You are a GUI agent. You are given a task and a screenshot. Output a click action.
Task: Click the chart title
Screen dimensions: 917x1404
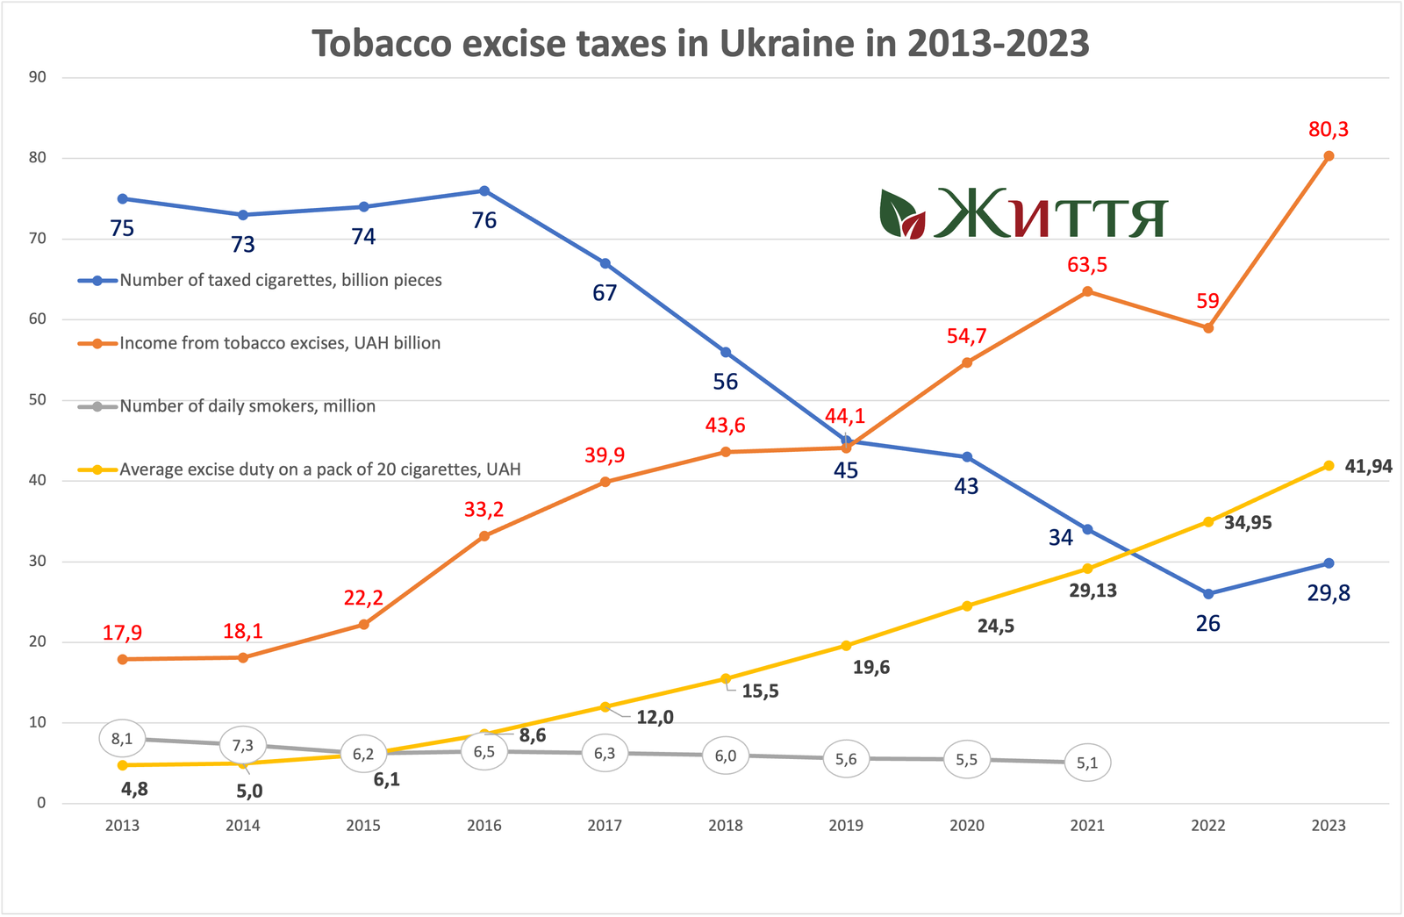click(x=700, y=43)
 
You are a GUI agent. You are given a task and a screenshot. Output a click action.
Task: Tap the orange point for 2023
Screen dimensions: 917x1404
click(x=1329, y=156)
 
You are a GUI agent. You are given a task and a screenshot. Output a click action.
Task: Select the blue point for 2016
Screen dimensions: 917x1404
click(x=484, y=190)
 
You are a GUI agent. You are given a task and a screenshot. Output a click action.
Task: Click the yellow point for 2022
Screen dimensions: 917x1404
click(x=1208, y=521)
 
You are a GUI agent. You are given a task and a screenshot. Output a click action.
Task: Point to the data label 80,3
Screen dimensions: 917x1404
click(x=1329, y=130)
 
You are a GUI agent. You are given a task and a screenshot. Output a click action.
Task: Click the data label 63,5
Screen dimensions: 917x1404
click(x=1087, y=265)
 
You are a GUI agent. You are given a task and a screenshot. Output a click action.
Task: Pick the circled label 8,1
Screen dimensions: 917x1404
click(x=122, y=739)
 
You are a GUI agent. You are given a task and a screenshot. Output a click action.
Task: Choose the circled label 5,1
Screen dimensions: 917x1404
click(x=1087, y=763)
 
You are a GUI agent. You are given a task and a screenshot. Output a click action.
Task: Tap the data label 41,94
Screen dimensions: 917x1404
click(x=1368, y=467)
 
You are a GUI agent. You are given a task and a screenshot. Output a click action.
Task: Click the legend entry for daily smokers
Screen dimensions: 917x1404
click(x=247, y=406)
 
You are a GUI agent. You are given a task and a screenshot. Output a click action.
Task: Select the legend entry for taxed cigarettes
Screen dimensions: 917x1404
click(x=281, y=281)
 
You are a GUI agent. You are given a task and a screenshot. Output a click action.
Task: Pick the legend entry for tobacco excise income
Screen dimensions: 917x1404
click(x=280, y=343)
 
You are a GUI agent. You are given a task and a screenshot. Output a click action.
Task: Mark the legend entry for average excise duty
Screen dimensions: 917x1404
click(x=319, y=469)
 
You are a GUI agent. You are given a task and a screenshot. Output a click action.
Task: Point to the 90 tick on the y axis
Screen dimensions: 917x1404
click(x=38, y=77)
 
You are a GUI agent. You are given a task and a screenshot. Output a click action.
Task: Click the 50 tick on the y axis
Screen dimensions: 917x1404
click(x=38, y=400)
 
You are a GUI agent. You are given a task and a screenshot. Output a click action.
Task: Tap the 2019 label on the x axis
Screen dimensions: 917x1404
click(x=846, y=826)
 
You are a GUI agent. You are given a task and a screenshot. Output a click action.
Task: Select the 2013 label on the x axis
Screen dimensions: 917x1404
click(x=122, y=826)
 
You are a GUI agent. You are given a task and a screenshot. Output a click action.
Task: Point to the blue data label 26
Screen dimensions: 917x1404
click(x=1208, y=624)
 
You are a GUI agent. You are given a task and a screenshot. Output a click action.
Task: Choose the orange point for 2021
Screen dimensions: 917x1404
click(x=1087, y=291)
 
